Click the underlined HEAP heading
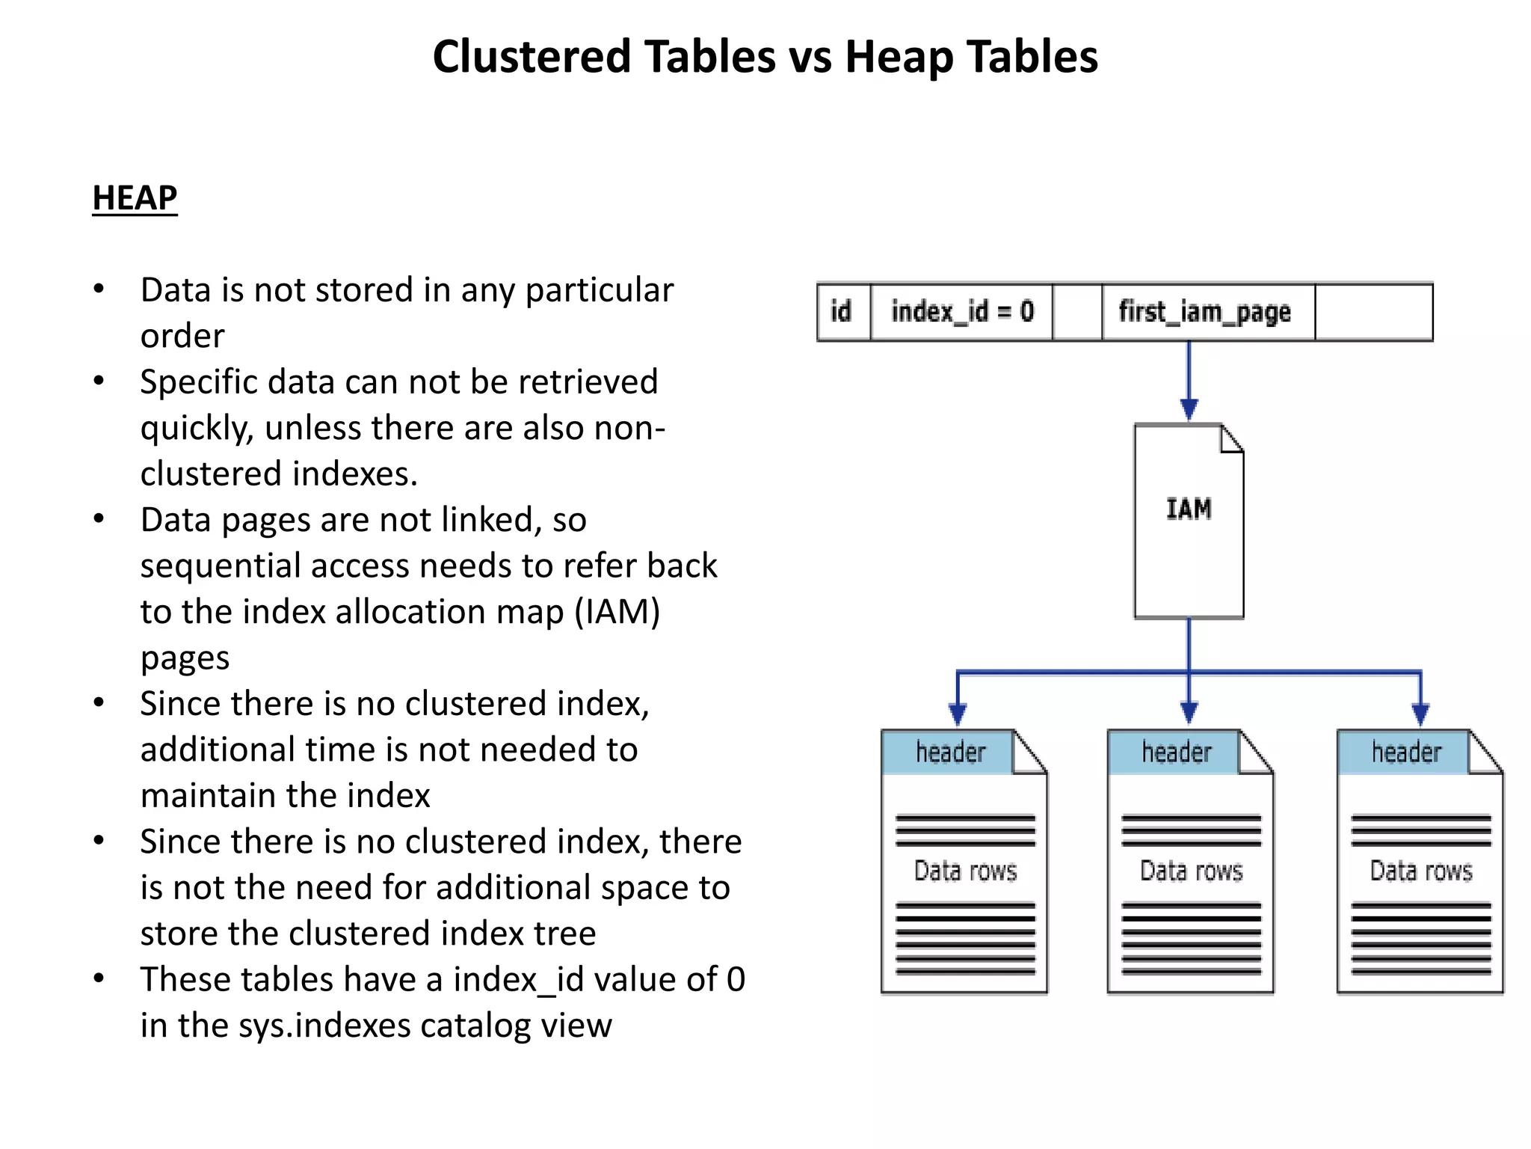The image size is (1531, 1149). click(135, 198)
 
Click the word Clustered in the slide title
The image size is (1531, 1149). click(531, 57)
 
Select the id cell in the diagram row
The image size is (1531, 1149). click(842, 311)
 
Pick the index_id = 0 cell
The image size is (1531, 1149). click(962, 311)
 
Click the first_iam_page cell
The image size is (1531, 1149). click(1205, 311)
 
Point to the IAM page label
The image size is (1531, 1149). click(1189, 509)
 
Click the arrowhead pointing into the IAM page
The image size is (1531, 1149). click(1189, 409)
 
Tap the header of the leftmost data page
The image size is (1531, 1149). click(950, 753)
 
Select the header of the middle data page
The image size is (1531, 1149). click(1176, 753)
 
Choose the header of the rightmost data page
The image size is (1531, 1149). click(1406, 753)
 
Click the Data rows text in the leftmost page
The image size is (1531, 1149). click(966, 871)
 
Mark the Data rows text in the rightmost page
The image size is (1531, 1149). click(1421, 871)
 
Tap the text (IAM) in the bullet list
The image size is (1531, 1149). click(617, 612)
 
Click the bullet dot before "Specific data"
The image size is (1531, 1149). click(99, 382)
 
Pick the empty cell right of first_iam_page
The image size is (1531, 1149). click(1373, 311)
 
